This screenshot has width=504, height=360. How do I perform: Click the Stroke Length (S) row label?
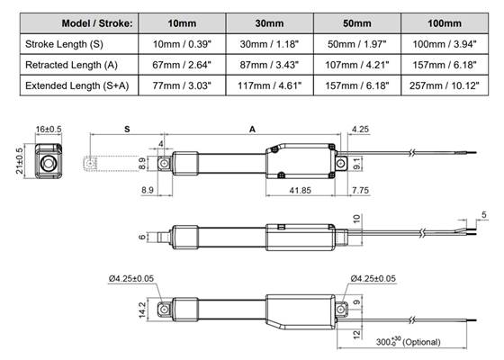[69, 43]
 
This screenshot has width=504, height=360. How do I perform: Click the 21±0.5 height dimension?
[20, 162]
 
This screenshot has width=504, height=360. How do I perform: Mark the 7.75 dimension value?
[361, 190]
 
